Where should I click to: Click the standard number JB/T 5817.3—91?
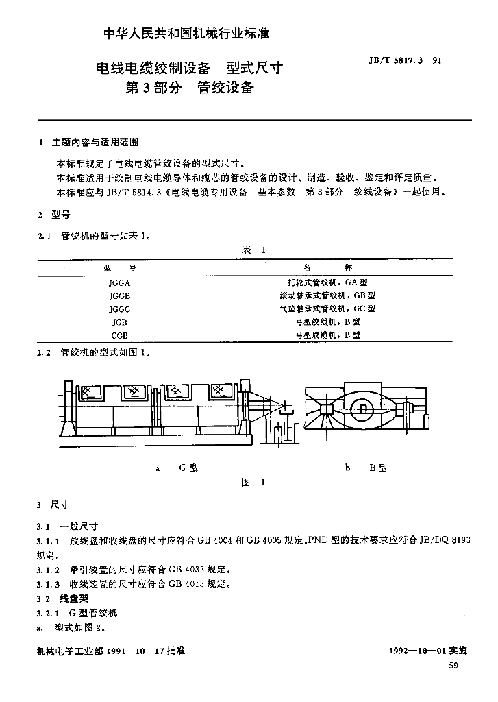coord(405,60)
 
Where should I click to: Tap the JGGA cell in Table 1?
coord(119,283)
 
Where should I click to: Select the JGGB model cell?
coord(119,296)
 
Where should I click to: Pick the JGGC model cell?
coord(119,309)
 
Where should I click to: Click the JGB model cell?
coord(119,322)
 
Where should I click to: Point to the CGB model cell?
coord(119,335)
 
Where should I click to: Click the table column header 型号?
coord(119,268)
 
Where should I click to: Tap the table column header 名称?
coord(327,267)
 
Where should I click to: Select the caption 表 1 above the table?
coord(253,250)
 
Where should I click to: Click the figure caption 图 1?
coord(253,482)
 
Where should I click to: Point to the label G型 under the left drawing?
coord(188,468)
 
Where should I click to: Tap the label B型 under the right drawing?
coord(378,468)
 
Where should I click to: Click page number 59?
coord(453,666)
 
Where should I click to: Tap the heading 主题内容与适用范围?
coord(95,143)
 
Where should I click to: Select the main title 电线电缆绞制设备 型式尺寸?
coord(189,68)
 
